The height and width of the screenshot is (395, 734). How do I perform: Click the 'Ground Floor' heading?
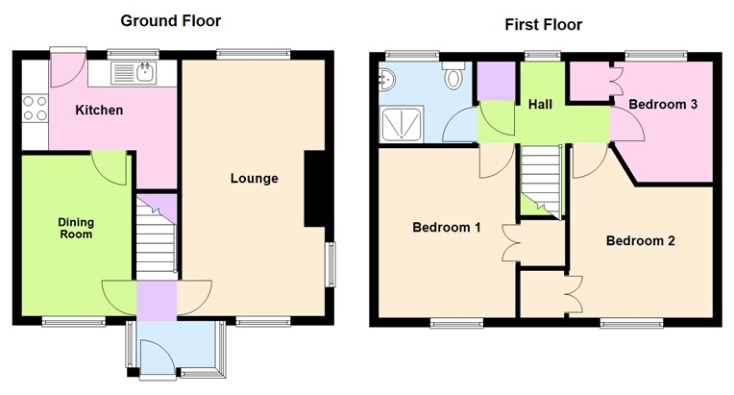pyautogui.click(x=170, y=20)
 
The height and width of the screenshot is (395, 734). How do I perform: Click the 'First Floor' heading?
pyautogui.click(x=543, y=24)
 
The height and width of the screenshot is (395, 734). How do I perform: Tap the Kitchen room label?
pyautogui.click(x=100, y=111)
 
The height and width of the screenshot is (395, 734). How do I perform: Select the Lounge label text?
pyautogui.click(x=255, y=178)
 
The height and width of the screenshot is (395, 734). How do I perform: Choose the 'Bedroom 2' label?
pyautogui.click(x=640, y=240)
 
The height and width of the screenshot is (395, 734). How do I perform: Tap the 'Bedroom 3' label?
pyautogui.click(x=663, y=106)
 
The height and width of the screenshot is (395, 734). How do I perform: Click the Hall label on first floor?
pyautogui.click(x=540, y=104)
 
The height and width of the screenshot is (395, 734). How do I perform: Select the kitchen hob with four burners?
pyautogui.click(x=34, y=108)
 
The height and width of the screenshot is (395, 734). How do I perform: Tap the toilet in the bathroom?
pyautogui.click(x=453, y=79)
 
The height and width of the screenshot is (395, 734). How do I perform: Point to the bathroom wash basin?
pyautogui.click(x=386, y=79)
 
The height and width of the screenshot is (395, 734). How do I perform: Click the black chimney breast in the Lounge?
pyautogui.click(x=314, y=189)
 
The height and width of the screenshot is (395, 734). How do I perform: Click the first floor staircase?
pyautogui.click(x=539, y=178)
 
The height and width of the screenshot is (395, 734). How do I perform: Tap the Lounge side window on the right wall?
pyautogui.click(x=330, y=264)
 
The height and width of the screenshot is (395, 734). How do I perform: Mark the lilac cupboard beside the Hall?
pyautogui.click(x=497, y=81)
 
